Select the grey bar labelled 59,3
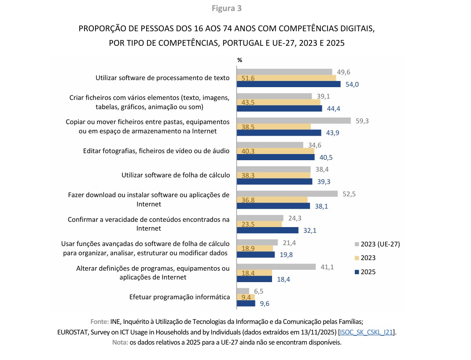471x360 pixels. tap(294, 121)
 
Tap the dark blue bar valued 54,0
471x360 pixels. tap(289, 84)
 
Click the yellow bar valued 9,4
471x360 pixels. tap(246, 297)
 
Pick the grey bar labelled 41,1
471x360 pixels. tap(276, 267)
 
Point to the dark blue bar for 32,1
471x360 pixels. tap(268, 230)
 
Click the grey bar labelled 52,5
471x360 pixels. tap(287, 194)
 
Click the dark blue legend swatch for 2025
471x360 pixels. tap(357, 272)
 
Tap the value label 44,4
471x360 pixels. tap(335, 109)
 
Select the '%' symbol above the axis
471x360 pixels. tap(240, 60)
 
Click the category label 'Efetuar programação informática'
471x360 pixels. tap(180, 297)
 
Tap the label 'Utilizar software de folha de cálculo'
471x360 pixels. tap(176, 175)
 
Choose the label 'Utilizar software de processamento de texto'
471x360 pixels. tap(163, 78)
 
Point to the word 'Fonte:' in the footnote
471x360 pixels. tap(99, 322)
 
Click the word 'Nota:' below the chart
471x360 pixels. tap(120, 343)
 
